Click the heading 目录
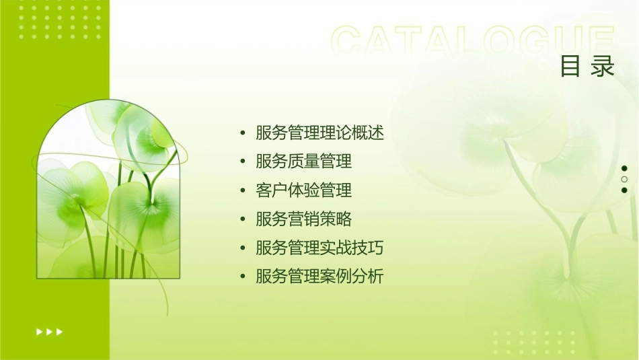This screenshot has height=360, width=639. click(x=587, y=67)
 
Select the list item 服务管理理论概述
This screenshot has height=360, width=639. click(x=319, y=133)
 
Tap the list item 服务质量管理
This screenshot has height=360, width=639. click(x=303, y=161)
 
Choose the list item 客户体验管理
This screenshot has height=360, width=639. click(x=303, y=190)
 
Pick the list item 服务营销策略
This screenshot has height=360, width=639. click(x=303, y=219)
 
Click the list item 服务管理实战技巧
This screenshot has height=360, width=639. click(x=319, y=248)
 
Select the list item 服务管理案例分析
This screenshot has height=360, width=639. click(x=319, y=277)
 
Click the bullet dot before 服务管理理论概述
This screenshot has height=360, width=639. click(x=243, y=133)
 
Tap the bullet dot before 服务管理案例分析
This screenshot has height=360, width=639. click(x=243, y=277)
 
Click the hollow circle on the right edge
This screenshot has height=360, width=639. click(x=624, y=179)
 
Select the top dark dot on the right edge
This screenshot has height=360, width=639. click(x=624, y=168)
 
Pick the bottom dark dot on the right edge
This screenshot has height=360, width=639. click(x=624, y=190)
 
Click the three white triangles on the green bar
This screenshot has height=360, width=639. click(x=50, y=331)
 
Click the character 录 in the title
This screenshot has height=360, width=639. click(x=603, y=67)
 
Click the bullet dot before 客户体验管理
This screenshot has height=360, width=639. click(x=243, y=191)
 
